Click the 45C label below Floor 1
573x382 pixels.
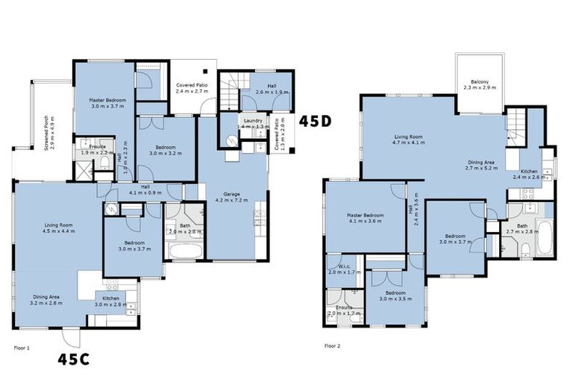(74, 360)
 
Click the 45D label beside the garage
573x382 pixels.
(316, 120)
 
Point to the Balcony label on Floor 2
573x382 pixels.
(480, 81)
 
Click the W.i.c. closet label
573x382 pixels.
(344, 266)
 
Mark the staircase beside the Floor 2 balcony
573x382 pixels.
(516, 123)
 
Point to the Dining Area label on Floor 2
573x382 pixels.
(480, 162)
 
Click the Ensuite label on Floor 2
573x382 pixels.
(344, 307)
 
